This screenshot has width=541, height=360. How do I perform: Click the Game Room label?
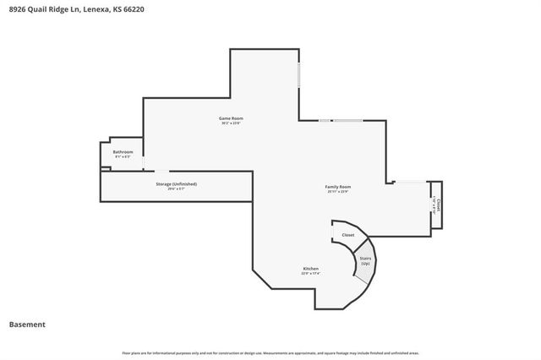(x=231, y=118)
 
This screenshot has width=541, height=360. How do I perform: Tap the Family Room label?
(x=338, y=186)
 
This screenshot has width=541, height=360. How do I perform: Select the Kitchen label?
(x=310, y=268)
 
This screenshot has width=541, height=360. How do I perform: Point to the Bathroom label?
(x=123, y=152)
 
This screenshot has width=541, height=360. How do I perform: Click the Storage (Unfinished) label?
(x=176, y=183)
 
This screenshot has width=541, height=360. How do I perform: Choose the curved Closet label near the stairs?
(x=347, y=235)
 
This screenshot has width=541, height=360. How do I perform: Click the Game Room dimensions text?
(x=231, y=123)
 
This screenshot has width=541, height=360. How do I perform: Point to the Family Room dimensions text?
(x=338, y=191)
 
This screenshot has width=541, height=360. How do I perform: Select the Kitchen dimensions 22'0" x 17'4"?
(x=310, y=273)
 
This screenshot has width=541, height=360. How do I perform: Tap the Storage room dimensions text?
(x=176, y=188)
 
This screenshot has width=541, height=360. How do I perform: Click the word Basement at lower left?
(x=27, y=324)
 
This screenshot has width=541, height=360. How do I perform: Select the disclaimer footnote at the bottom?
(x=270, y=352)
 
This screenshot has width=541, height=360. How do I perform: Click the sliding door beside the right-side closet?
(x=412, y=182)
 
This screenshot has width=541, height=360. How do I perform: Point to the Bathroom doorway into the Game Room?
(x=143, y=160)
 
